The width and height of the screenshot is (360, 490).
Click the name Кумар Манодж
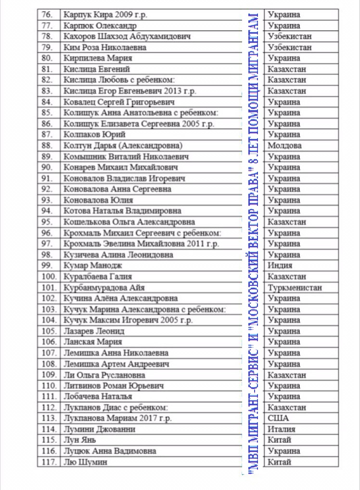(92, 265)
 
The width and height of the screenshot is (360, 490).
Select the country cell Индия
(280, 265)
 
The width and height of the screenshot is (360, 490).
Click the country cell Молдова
(284, 145)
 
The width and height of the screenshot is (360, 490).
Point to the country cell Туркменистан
(295, 287)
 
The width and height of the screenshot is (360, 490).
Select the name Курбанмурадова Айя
(104, 287)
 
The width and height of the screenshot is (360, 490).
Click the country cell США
(278, 418)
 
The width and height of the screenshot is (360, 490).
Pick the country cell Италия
(282, 429)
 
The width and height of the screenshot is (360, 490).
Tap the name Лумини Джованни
(99, 429)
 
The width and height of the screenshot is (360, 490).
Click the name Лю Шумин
(85, 462)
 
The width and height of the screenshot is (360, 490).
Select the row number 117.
(49, 462)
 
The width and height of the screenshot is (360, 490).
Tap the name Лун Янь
(80, 440)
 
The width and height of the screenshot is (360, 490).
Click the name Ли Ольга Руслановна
(104, 374)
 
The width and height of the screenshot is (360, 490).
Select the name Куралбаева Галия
(97, 276)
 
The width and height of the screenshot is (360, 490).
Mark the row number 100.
(49, 276)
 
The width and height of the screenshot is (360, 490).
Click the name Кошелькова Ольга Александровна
(129, 222)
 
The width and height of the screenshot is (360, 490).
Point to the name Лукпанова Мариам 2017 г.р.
(117, 418)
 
